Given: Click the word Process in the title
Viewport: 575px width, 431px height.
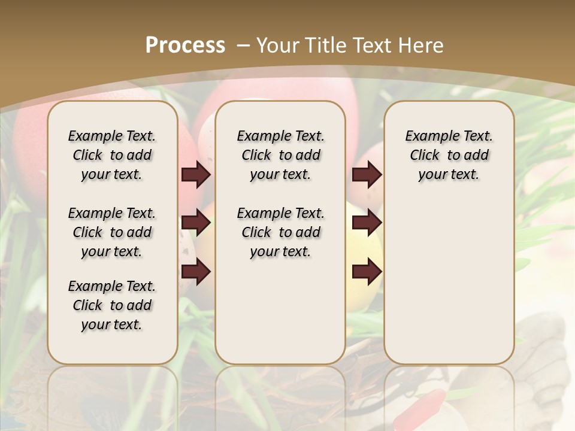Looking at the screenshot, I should click(185, 45).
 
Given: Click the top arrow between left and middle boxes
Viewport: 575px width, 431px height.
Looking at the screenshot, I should click(196, 175).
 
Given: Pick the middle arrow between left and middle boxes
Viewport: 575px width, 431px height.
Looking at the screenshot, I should click(196, 223).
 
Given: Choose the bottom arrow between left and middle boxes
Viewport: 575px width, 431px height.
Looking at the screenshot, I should click(196, 272).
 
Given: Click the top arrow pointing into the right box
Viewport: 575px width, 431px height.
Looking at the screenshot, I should click(367, 175).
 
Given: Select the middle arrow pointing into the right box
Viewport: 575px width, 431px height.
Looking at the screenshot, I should click(367, 223).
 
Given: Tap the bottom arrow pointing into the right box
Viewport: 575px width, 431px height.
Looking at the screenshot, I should click(367, 272).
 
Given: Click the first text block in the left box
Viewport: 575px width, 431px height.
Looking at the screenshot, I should click(112, 155).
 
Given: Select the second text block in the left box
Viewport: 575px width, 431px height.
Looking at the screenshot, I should click(112, 232).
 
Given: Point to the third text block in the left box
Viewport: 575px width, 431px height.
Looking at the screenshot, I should click(112, 305).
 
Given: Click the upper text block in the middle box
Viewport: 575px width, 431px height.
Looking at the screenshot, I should click(280, 155).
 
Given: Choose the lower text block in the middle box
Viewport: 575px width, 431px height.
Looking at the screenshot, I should click(280, 232).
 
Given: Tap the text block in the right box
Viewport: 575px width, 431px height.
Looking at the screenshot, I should click(449, 155).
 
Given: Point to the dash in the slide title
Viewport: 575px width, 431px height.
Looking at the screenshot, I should click(244, 45).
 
